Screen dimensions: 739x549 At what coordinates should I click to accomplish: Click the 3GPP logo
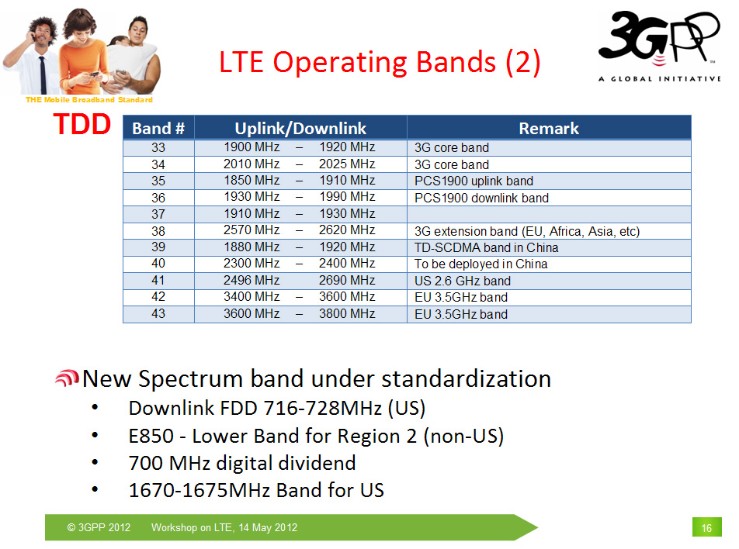(659, 46)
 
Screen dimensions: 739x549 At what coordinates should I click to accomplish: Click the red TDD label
(82, 124)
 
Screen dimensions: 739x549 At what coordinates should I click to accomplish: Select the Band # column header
(158, 128)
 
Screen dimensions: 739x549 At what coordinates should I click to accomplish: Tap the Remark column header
(549, 128)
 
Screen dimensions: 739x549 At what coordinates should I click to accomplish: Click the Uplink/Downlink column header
(300, 128)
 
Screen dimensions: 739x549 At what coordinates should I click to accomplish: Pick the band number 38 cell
(158, 231)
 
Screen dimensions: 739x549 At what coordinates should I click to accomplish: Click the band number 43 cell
(158, 313)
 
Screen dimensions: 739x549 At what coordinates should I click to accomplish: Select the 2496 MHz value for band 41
(252, 280)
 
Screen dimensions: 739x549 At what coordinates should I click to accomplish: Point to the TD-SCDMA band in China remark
(487, 247)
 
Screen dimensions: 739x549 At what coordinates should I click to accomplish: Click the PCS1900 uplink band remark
(474, 181)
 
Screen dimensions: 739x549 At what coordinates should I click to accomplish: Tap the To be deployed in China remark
(481, 264)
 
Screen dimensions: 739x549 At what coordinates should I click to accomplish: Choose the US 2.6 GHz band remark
(463, 281)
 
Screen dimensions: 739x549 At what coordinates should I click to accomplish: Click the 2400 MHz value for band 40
(347, 263)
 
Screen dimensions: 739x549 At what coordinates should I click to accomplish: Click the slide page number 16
(706, 527)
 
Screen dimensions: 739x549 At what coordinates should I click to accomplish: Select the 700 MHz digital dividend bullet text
(242, 463)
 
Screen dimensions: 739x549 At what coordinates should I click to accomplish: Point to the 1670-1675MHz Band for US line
(256, 490)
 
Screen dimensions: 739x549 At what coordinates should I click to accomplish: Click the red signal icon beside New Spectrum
(67, 378)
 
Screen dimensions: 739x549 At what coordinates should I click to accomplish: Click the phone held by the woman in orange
(94, 74)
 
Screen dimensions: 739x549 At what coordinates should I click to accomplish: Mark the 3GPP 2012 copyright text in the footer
(99, 527)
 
